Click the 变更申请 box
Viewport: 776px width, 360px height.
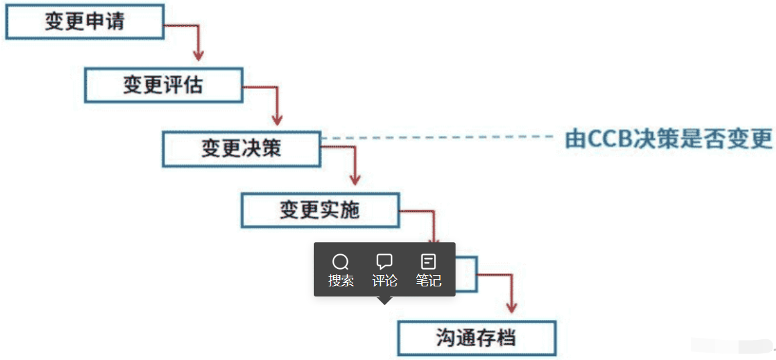[x=84, y=21]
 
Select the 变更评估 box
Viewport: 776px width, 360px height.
[x=163, y=84]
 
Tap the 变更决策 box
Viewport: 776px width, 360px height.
[x=241, y=149]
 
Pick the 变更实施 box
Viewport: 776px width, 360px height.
[x=320, y=211]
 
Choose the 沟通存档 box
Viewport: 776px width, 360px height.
[x=476, y=338]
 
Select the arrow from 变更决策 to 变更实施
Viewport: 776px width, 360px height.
[x=355, y=167]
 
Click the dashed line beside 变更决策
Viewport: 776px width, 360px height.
[x=435, y=137]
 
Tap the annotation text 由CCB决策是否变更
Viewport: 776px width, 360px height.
[x=669, y=139]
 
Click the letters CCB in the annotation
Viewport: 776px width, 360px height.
[x=605, y=140]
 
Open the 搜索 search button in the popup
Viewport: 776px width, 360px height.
[x=341, y=270]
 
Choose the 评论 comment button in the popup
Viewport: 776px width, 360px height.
[x=385, y=270]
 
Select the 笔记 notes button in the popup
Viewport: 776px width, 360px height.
[x=428, y=270]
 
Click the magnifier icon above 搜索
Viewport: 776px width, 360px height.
[x=341, y=262]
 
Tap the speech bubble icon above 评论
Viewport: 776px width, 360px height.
[x=385, y=262]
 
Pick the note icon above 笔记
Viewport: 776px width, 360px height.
[x=428, y=262]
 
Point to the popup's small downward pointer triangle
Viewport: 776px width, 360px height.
[x=385, y=300]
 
